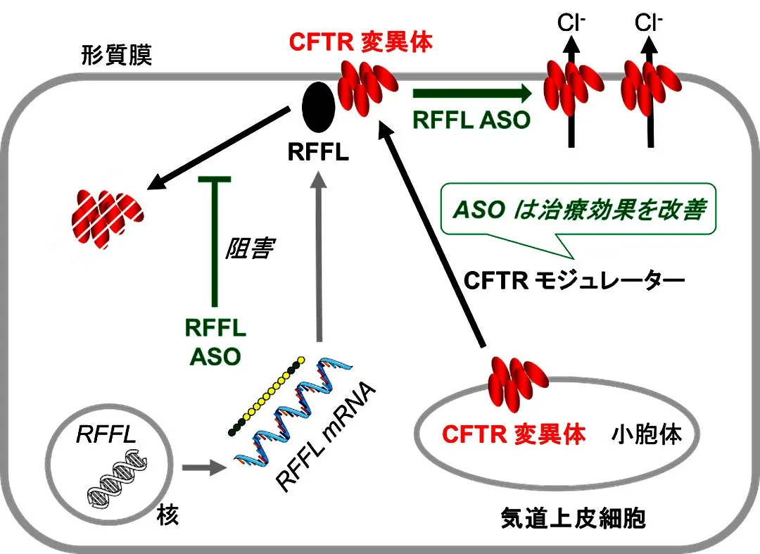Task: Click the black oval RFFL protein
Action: click(318, 106)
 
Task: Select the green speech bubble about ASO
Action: click(578, 210)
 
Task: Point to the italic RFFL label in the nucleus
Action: click(106, 435)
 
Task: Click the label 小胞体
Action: click(655, 434)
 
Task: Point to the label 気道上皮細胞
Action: click(573, 520)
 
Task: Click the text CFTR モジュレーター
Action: click(574, 282)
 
